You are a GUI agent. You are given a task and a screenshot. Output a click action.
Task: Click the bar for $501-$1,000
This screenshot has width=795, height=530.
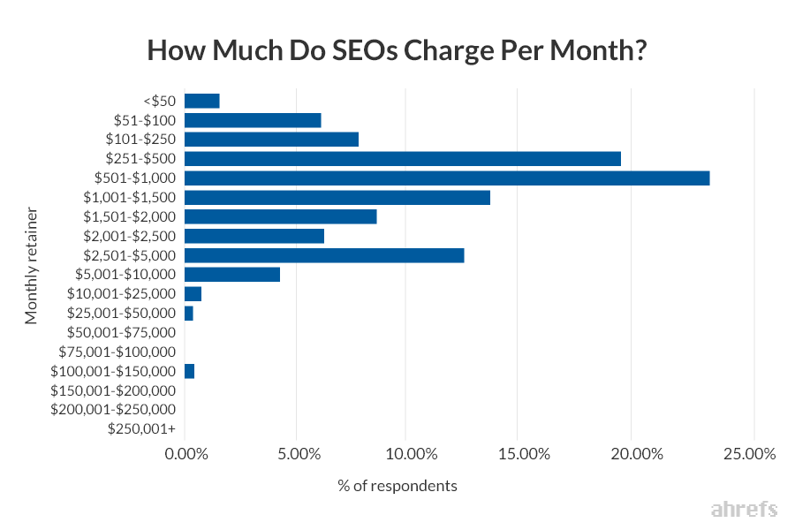(447, 178)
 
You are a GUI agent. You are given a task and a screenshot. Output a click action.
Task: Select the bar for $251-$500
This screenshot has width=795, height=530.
(403, 159)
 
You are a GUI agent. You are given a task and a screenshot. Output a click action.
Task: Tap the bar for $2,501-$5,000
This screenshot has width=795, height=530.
(324, 255)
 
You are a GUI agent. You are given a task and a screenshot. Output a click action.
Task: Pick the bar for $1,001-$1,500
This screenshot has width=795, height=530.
(337, 198)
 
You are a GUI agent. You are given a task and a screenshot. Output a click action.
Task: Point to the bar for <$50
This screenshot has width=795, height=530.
(201, 101)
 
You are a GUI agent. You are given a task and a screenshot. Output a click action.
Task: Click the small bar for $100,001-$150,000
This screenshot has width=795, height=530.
(189, 371)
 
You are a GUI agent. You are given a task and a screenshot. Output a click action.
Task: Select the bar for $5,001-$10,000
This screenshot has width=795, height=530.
(232, 275)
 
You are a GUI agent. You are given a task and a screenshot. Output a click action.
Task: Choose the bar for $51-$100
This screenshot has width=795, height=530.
(253, 120)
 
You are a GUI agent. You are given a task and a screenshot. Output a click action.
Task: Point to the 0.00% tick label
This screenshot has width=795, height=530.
(186, 454)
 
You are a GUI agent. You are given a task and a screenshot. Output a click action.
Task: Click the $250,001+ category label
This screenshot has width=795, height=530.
(141, 428)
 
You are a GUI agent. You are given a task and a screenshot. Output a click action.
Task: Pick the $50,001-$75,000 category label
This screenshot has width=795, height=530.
(122, 332)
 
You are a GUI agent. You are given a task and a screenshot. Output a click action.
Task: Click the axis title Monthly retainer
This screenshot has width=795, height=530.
(32, 265)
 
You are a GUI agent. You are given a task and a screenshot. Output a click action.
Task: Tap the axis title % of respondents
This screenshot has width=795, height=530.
(397, 486)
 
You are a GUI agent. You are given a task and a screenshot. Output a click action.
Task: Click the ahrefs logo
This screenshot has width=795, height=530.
(743, 510)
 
